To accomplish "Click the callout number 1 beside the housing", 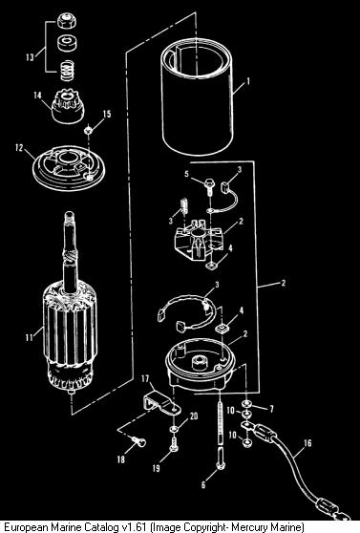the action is point(248,81).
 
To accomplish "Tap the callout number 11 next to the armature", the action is point(30,337).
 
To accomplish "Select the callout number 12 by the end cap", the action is point(19,148).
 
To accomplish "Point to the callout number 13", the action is point(30,56).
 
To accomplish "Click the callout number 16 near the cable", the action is point(307,443).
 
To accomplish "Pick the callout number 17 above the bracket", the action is point(145,378).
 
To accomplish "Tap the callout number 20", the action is point(194,416).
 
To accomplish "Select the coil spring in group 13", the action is point(67,71).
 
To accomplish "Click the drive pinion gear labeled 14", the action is point(68,106).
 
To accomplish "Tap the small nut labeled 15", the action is point(89,129).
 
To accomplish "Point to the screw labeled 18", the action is point(138,442).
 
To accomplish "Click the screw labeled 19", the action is point(174,444).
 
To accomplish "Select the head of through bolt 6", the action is point(221,464).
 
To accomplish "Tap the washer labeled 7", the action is point(245,404).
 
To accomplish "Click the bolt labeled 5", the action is point(208,186).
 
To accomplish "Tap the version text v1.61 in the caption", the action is point(136,527).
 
